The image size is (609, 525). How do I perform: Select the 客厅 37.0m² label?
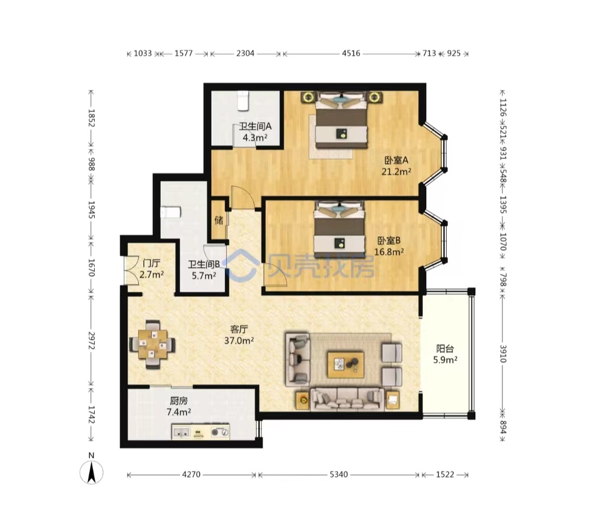[239, 335]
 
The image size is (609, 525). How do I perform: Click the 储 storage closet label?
[219, 220]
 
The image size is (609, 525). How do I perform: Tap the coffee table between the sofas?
[345, 365]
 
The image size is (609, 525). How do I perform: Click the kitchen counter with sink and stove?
[200, 432]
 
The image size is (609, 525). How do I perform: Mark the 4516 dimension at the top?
[351, 53]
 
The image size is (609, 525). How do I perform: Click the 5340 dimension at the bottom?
[338, 474]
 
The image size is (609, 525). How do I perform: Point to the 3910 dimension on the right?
[502, 354]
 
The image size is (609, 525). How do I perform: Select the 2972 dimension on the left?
[91, 340]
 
